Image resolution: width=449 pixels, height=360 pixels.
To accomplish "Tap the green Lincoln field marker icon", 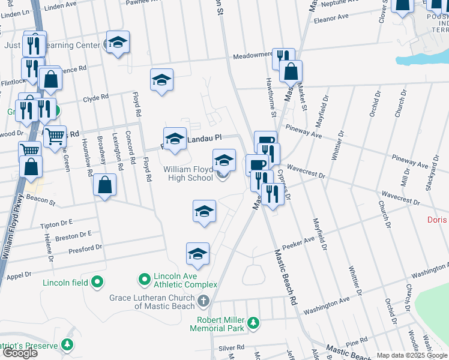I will pos(97,281).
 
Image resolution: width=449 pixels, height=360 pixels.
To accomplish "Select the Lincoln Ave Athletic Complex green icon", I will pos(144,280).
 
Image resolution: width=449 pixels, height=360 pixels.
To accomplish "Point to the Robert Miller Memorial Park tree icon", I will pos(255,323).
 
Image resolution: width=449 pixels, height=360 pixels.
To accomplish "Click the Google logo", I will pos(20,353).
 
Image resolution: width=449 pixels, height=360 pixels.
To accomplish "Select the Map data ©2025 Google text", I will pos(412,355).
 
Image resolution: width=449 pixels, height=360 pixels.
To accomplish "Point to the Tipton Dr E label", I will pos(56,224).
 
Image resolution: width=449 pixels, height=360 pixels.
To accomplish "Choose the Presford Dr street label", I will pos(85,248).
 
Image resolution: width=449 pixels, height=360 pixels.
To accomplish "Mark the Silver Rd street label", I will pos(232,347).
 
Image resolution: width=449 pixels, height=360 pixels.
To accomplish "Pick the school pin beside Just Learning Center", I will pos(118,42).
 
